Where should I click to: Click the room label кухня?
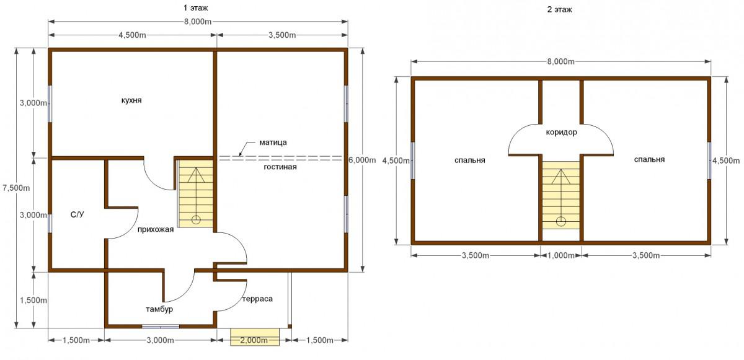tap(131, 100)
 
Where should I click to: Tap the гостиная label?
tap(280, 167)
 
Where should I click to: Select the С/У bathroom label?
tap(77, 214)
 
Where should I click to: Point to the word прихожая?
tap(156, 230)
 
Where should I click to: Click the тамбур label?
tap(159, 310)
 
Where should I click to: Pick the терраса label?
tap(257, 299)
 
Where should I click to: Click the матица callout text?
tap(273, 143)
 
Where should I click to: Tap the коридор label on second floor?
tap(561, 133)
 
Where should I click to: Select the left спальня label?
tap(470, 160)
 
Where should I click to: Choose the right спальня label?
tap(649, 160)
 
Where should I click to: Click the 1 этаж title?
tap(196, 8)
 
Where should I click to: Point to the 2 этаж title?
tap(560, 10)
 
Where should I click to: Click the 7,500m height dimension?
tap(16, 188)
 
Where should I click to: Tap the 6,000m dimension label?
tap(362, 160)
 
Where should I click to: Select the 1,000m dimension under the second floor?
tap(561, 256)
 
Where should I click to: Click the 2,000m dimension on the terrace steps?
tap(254, 341)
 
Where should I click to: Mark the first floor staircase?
tap(196, 194)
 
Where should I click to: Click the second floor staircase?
tap(561, 195)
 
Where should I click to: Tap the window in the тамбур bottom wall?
tap(161, 327)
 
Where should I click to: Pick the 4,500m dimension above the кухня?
tap(132, 35)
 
